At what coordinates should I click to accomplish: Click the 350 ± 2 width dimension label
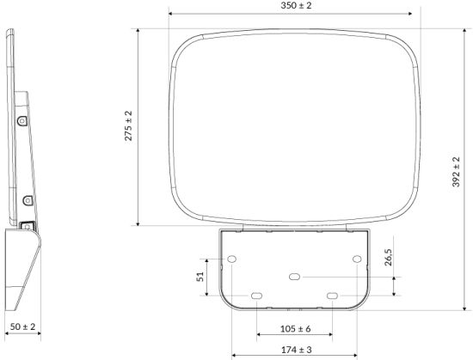coord(296,5)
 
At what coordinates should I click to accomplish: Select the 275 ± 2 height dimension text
coord(128,125)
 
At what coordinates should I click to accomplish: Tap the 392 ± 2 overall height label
coord(456,172)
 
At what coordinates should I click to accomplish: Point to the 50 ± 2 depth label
coord(23,326)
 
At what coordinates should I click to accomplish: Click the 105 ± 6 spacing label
coord(295,329)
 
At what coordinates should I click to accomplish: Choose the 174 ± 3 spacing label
coord(297,350)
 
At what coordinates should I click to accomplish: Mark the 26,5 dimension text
coord(388,257)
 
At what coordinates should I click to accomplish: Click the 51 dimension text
coord(200,277)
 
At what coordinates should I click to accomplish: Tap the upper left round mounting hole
coord(231,259)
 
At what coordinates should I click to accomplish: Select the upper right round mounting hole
coord(357,259)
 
